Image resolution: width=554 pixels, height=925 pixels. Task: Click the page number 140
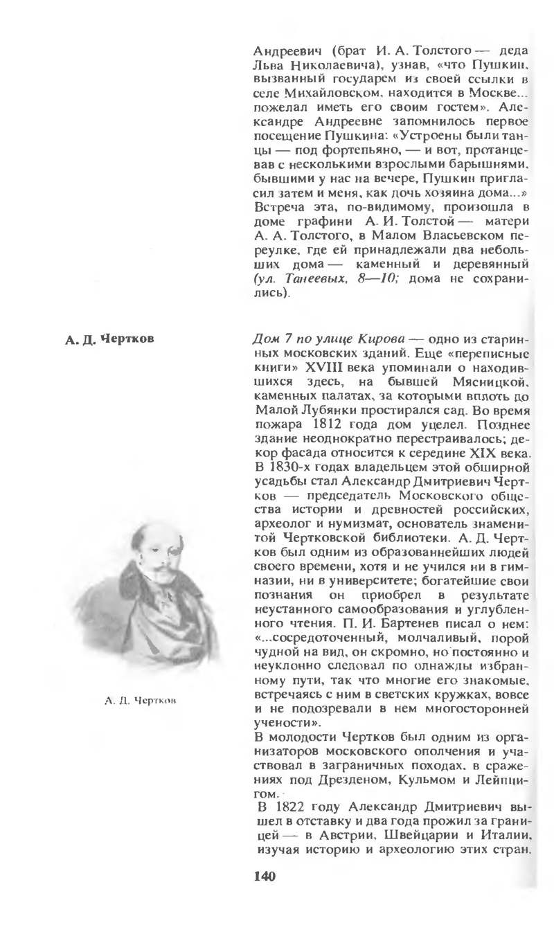(265, 877)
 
